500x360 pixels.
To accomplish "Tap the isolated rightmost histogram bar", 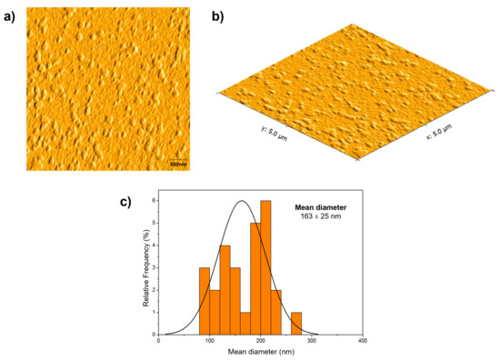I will pos(296,325).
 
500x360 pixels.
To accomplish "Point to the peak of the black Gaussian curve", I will pos(242,201).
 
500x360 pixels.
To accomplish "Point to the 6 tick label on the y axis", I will pos(154,201).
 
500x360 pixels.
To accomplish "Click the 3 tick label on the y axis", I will pos(154,268).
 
